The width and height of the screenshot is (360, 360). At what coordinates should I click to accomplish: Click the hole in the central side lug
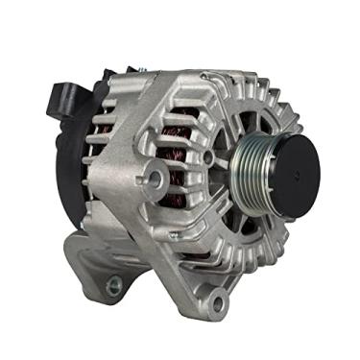point(154,176)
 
